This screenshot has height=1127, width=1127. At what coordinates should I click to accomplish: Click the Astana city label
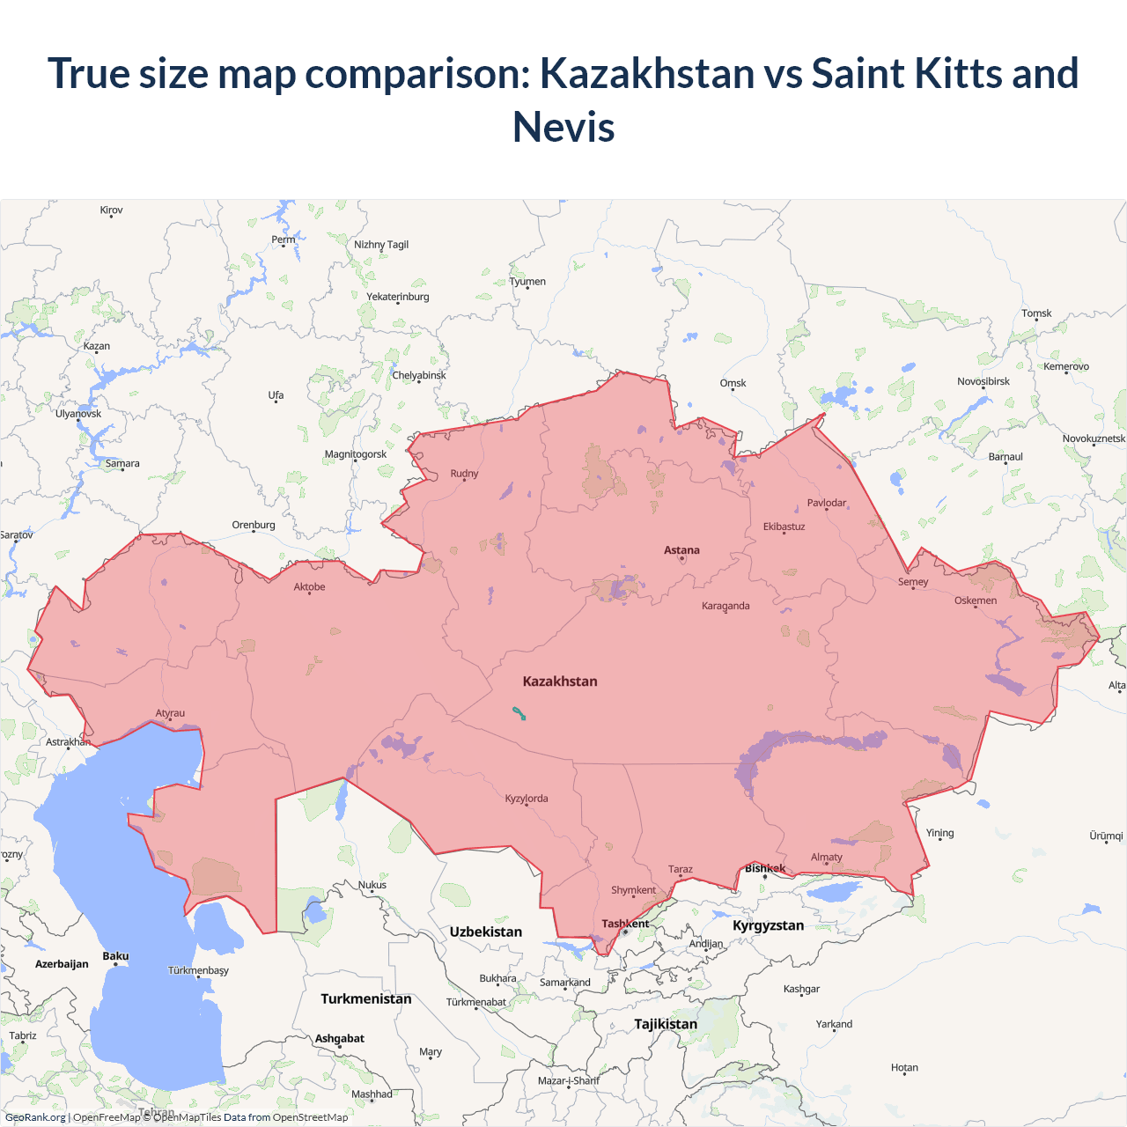coord(681,550)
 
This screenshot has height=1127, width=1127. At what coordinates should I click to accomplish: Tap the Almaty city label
coord(826,857)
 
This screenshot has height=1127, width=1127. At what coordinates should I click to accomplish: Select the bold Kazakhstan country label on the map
coord(560,681)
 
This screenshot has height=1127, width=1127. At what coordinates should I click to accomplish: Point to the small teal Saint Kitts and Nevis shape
coord(519,713)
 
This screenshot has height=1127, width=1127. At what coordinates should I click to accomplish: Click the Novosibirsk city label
coord(983,381)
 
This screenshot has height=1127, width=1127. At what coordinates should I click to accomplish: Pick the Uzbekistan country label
coord(485,932)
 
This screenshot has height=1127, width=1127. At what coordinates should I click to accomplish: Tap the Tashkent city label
coord(625,924)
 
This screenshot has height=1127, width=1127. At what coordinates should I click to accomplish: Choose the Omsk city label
coord(733,383)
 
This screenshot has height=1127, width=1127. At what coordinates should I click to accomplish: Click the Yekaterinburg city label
coord(398,297)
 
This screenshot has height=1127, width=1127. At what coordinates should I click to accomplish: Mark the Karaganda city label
coord(726,606)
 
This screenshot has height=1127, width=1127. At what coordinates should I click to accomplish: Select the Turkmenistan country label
coord(366,998)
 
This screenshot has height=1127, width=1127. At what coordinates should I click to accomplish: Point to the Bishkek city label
coord(765,868)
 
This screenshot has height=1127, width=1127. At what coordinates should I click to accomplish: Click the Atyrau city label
coord(170,713)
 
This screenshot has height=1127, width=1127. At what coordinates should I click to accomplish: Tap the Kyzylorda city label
coord(527,799)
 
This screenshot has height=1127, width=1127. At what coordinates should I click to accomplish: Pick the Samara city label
coord(122,463)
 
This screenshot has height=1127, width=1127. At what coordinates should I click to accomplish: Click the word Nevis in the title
coord(563,127)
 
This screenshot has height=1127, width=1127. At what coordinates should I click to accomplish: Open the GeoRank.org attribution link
coord(35,1117)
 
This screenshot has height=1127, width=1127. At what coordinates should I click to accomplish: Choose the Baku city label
coord(115,956)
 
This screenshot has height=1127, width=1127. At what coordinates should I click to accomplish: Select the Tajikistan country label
coord(666,1024)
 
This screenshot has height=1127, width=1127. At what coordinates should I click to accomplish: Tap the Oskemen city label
coord(976,600)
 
